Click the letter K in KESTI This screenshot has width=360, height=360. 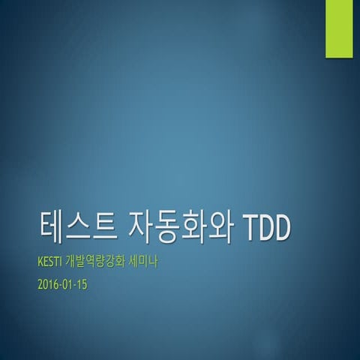coord(39,263)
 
